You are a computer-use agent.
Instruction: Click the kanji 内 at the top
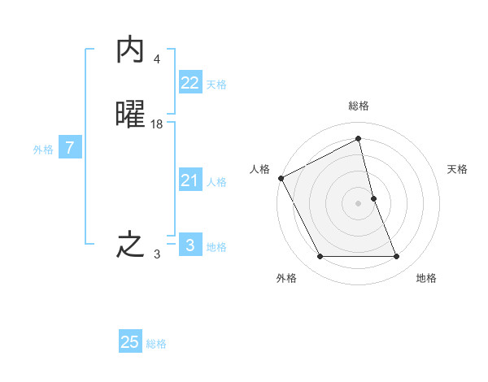pos(130,50)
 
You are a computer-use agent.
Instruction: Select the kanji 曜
pos(130,115)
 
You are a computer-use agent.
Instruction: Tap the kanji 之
pos(130,245)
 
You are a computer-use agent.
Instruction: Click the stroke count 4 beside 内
pos(157,59)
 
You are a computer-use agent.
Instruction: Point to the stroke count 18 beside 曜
pos(157,124)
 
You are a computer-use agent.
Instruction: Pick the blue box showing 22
pos(190,83)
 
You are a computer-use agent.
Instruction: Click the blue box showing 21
pos(190,180)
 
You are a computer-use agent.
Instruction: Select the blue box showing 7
pos(71,148)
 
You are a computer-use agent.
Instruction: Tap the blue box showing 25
pos(130,342)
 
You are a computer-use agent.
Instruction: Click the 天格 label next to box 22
pos(216,85)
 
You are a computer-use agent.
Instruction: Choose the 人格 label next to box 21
pos(216,182)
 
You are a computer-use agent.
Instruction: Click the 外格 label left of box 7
pos(43,150)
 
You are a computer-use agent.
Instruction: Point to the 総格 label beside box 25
pos(156,344)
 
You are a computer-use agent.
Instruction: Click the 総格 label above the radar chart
pos(359,106)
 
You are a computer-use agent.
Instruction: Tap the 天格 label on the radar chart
pos(458,169)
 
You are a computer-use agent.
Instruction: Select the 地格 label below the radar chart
pos(426,278)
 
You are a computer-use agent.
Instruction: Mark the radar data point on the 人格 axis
pos(281,178)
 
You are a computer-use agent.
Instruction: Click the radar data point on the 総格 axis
pos(359,139)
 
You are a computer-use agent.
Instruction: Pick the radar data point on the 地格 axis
pos(397,257)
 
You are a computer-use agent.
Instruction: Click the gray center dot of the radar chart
pos(359,203)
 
